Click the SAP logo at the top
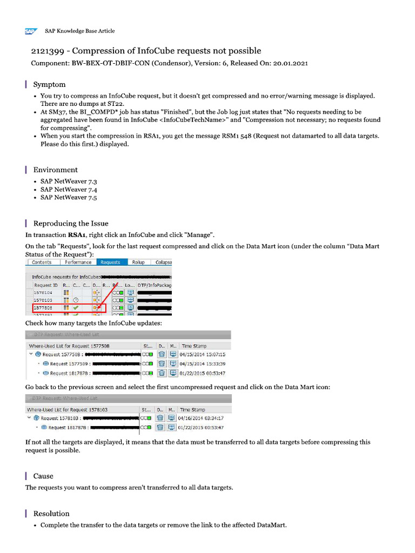pyautogui.click(x=30, y=31)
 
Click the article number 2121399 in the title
pyautogui.click(x=49, y=51)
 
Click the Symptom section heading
pyautogui.click(x=49, y=84)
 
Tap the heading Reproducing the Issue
pyautogui.click(x=71, y=223)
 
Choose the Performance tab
pyautogui.click(x=78, y=262)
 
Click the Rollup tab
pyautogui.click(x=138, y=262)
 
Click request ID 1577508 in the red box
pyautogui.click(x=43, y=307)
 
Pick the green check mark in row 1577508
pyautogui.click(x=76, y=307)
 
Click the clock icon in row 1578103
pyautogui.click(x=76, y=300)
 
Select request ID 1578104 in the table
pyautogui.click(x=43, y=292)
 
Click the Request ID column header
pyautogui.click(x=46, y=285)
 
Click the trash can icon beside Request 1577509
pyautogui.click(x=161, y=363)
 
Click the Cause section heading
pyautogui.click(x=43, y=476)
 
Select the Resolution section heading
pyautogui.click(x=51, y=513)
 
